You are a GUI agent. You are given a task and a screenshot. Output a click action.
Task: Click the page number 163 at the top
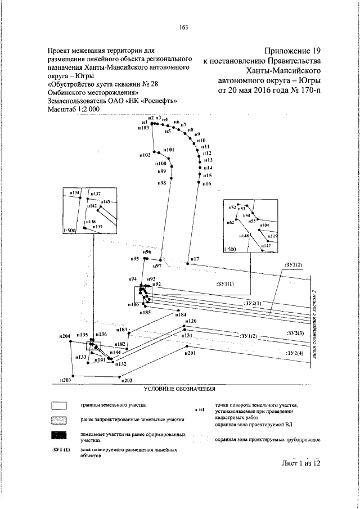click(183, 28)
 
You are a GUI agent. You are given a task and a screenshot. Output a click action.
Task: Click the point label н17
click(195, 259)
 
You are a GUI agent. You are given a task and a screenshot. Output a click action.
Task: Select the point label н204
click(65, 336)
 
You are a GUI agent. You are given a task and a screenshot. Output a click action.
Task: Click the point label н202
click(127, 381)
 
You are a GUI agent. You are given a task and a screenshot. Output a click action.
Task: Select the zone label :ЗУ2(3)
click(294, 334)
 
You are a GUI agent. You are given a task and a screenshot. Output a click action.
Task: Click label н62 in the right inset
click(230, 223)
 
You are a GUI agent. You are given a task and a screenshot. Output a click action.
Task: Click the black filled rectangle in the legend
click(59, 436)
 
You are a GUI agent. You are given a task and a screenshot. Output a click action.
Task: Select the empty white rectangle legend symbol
click(59, 405)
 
